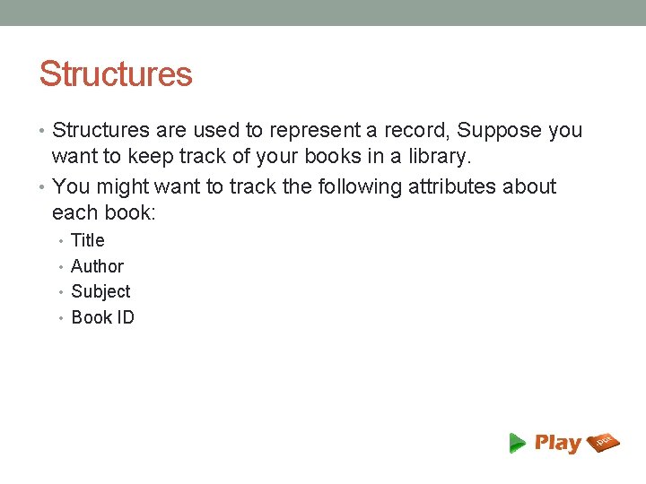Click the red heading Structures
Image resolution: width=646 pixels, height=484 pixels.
click(116, 74)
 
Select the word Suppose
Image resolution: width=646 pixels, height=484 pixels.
click(499, 131)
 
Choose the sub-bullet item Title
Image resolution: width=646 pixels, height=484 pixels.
click(88, 240)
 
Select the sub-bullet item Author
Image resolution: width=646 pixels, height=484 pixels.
click(97, 266)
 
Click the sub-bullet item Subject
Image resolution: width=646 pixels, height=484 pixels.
click(100, 291)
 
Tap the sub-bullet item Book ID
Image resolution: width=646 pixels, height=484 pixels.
click(102, 317)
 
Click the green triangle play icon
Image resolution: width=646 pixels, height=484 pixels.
click(518, 443)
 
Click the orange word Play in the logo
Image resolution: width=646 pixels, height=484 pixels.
click(558, 443)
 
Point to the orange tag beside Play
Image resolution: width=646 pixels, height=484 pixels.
click(604, 442)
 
